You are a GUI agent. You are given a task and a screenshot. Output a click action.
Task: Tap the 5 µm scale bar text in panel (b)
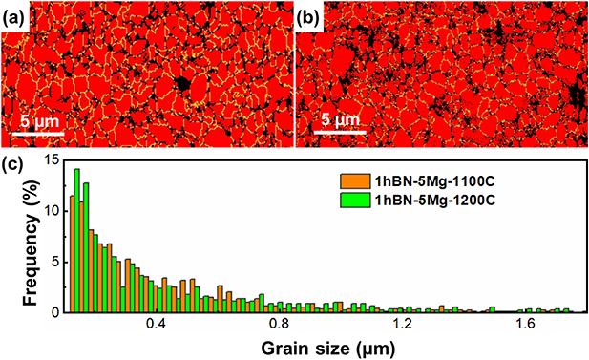[340, 121]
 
